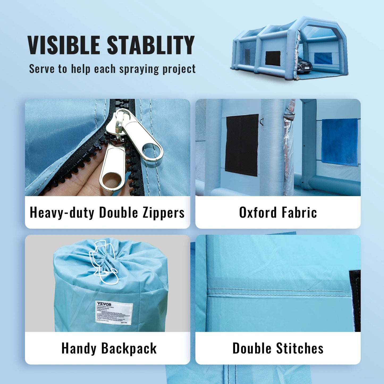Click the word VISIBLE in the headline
point(64,45)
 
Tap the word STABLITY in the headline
point(151,45)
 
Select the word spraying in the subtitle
point(139,69)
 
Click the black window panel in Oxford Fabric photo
point(242,145)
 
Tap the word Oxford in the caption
point(258,213)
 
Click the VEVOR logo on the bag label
point(104,304)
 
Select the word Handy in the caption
point(79,349)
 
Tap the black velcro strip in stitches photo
point(355,300)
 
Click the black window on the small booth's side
point(273,58)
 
